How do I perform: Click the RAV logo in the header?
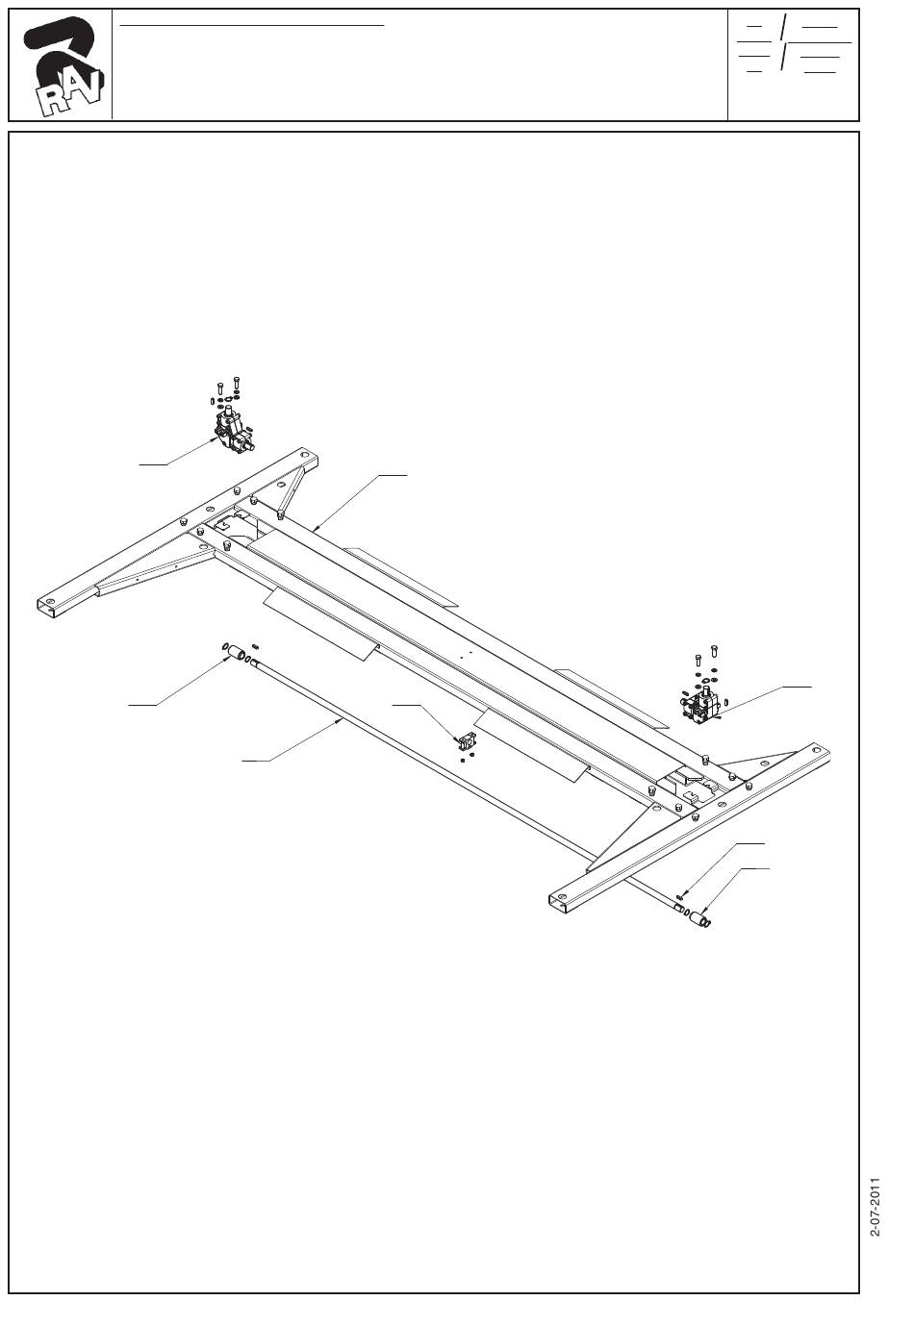pyautogui.click(x=60, y=66)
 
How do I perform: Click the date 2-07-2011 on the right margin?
pyautogui.click(x=875, y=1206)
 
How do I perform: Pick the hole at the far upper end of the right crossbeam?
pyautogui.click(x=816, y=749)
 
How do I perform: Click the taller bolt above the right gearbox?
pyautogui.click(x=713, y=654)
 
